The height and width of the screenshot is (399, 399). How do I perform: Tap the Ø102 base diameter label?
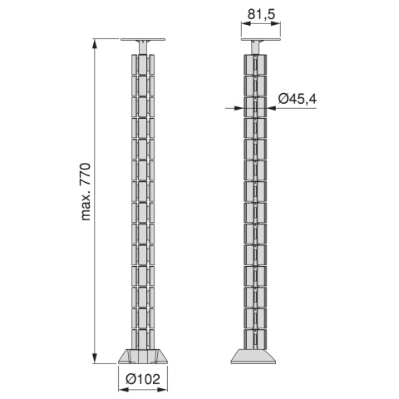coord(143,379)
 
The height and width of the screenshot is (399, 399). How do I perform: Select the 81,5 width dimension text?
coord(262,15)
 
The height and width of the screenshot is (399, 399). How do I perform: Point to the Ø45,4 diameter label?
coord(298,99)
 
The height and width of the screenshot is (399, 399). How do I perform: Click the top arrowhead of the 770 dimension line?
coord(95,44)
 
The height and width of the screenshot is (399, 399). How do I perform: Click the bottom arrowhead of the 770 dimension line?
coord(95,358)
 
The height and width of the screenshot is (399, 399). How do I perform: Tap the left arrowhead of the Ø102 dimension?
coord(123,390)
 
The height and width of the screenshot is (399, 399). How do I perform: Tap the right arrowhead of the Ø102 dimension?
coord(162,390)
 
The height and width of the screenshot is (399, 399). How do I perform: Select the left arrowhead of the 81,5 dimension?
coord(246,24)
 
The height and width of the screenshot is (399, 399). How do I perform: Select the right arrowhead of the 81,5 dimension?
coord(276,24)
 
